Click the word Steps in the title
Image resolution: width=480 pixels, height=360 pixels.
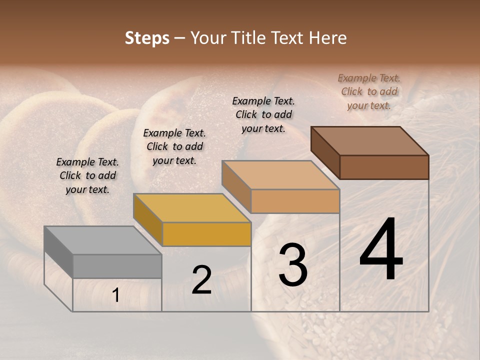click(x=147, y=38)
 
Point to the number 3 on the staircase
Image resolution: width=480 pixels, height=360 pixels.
click(x=292, y=265)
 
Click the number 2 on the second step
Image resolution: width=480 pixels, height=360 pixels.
click(x=201, y=280)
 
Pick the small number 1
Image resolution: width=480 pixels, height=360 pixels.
click(x=116, y=295)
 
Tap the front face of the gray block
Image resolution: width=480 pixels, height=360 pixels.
click(x=117, y=266)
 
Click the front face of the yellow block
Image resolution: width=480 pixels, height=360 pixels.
click(x=206, y=234)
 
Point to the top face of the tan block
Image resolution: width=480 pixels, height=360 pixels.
click(x=280, y=175)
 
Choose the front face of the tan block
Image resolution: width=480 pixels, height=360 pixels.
click(x=295, y=201)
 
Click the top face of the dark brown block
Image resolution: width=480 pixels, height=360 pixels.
click(x=369, y=141)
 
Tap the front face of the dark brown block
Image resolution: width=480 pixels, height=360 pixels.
click(x=384, y=167)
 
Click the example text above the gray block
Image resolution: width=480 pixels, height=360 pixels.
click(x=87, y=175)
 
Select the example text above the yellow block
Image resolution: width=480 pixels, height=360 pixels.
click(x=174, y=146)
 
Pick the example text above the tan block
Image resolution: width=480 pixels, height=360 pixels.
click(x=263, y=114)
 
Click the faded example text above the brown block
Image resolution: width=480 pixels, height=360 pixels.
click(x=369, y=91)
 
